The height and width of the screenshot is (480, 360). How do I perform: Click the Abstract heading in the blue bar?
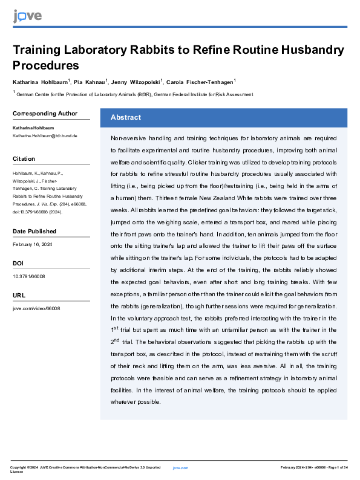125,117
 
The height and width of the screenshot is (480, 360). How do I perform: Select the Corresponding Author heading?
45,113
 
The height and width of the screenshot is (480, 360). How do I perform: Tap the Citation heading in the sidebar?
24,158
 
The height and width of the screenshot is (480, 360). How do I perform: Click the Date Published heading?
34,231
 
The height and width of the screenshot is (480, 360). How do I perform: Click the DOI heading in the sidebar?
18,264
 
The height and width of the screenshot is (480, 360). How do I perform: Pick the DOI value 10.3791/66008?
28,276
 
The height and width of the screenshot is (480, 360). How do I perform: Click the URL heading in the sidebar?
19,296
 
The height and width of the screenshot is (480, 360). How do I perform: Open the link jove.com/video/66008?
36,308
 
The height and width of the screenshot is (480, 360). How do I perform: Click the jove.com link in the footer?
181,467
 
